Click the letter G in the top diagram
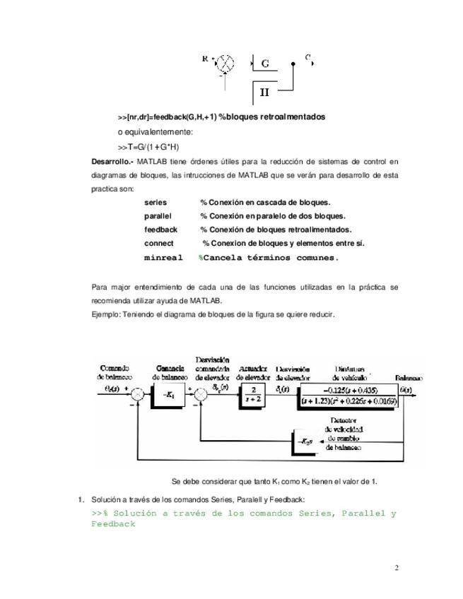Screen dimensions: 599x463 (265, 64)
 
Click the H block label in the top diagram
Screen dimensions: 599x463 (264, 92)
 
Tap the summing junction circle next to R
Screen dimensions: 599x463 (225, 63)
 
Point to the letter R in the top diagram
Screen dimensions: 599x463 (205, 59)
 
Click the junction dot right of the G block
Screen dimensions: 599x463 (293, 64)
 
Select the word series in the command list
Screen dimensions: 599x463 (156, 203)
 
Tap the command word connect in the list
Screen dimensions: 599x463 (159, 243)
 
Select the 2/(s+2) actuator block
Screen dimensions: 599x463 (252, 396)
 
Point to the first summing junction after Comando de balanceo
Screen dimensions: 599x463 (139, 396)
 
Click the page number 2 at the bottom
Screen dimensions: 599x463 (397, 567)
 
